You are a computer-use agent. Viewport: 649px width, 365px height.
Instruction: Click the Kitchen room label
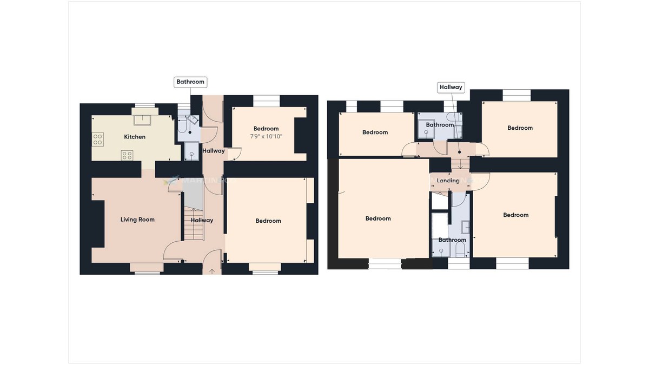(x=135, y=137)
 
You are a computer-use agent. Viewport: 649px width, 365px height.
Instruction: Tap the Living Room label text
(x=137, y=220)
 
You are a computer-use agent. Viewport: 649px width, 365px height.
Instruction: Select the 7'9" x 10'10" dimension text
(x=266, y=136)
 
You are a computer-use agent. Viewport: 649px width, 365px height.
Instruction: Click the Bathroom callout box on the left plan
(x=191, y=82)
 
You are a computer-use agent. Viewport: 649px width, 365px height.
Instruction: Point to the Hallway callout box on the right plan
(x=451, y=87)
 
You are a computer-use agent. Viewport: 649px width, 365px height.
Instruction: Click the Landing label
(x=448, y=181)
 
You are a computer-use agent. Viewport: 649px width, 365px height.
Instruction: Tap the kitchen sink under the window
(x=144, y=119)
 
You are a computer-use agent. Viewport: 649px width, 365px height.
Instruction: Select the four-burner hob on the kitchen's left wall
(x=98, y=140)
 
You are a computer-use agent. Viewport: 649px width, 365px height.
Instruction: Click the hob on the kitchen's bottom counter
(x=127, y=155)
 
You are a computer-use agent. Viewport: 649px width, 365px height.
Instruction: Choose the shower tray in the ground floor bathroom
(x=191, y=152)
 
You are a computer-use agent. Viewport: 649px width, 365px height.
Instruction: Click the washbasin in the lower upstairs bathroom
(x=465, y=227)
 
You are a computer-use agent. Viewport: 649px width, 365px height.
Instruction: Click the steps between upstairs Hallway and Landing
(x=460, y=164)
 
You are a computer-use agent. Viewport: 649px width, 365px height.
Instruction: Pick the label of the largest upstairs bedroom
(x=378, y=218)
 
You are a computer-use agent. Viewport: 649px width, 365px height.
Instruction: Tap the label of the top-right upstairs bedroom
(x=520, y=128)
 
